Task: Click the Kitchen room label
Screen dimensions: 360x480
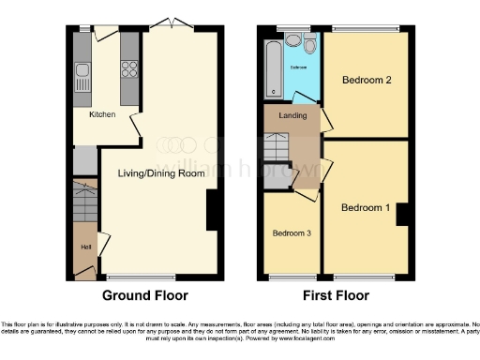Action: coord(102,114)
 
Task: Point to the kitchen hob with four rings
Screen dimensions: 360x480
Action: coord(128,69)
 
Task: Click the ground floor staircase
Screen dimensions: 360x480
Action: coord(85,200)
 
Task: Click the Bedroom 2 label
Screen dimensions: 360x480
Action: coord(367,80)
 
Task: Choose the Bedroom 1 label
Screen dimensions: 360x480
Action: coord(364,207)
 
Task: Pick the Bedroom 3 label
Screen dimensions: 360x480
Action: coord(291,233)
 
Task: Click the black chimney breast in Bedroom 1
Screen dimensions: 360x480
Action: coord(402,214)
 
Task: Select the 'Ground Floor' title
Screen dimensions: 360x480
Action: coord(145,295)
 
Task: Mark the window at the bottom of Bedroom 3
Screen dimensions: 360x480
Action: coord(291,277)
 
